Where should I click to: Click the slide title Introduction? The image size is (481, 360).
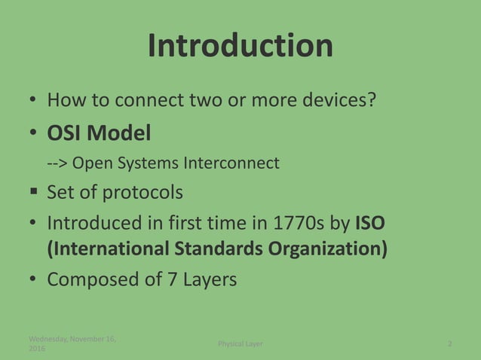[x=240, y=46]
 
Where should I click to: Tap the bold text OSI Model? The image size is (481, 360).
[x=99, y=133]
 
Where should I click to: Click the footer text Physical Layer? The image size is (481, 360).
[x=240, y=344]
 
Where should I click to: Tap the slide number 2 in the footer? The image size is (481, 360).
[x=450, y=344]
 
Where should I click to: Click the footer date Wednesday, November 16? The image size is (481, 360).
[x=72, y=339]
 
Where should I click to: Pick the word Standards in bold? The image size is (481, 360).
[x=211, y=249]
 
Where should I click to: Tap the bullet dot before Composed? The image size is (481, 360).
[x=34, y=280]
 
